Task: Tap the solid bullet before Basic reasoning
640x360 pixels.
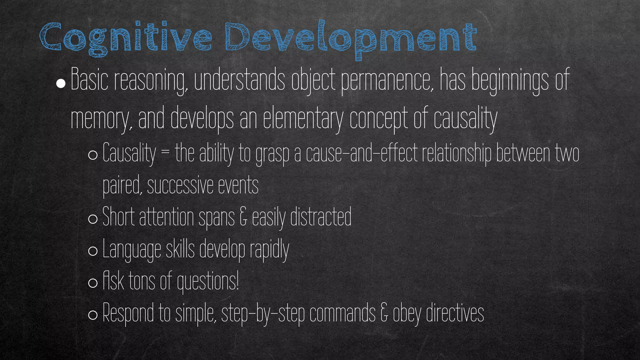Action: [61, 83]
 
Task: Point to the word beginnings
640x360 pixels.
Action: [509, 81]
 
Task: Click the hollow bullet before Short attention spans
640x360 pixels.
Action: [93, 219]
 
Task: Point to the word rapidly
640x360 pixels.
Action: [269, 250]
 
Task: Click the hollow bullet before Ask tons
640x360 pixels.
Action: [93, 283]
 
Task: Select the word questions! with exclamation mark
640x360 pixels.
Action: [208, 282]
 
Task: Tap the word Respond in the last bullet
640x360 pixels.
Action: [128, 313]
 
